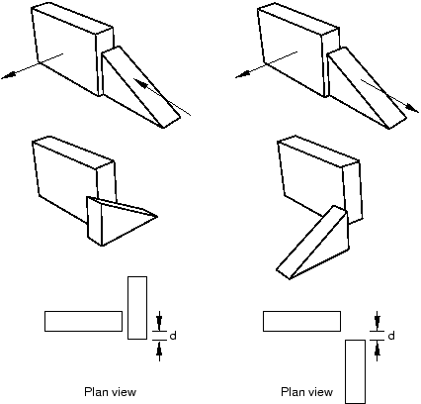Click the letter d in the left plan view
point(173,336)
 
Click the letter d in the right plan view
point(391,336)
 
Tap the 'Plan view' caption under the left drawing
point(110,392)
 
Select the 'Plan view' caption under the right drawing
point(306,392)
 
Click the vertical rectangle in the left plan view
point(137,308)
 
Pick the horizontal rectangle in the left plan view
point(83,321)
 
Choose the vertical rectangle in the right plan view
point(355,371)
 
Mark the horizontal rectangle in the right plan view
point(301,321)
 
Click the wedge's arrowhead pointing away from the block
point(412,108)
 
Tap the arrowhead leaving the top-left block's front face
point(8,75)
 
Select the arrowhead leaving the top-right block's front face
point(241,75)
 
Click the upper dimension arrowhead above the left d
point(159,323)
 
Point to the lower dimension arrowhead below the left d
point(159,349)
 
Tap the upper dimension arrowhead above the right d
point(378,323)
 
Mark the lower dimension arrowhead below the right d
point(378,349)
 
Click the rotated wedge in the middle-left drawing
point(112,221)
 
